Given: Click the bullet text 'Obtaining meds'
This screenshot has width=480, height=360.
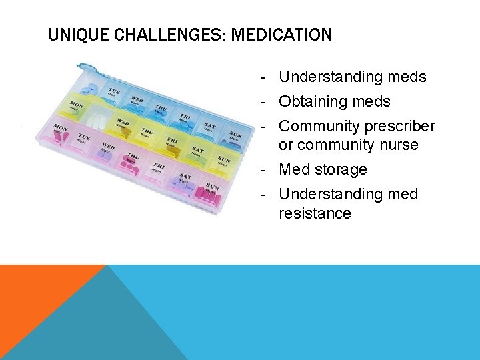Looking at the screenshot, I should point(334,102).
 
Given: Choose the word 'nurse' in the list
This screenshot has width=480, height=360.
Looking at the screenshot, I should point(397,145).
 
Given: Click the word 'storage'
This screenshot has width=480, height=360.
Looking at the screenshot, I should point(341,169).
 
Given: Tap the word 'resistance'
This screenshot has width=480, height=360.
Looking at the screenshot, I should point(315,213).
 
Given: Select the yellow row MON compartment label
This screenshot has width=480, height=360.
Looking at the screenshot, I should point(77,105).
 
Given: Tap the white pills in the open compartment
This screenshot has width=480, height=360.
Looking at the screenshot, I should point(98,122).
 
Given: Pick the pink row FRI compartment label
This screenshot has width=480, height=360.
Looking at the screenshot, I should point(159,165).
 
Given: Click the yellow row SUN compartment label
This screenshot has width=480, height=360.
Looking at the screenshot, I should point(225,160).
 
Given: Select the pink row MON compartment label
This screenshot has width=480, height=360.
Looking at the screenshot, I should point(61,127).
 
